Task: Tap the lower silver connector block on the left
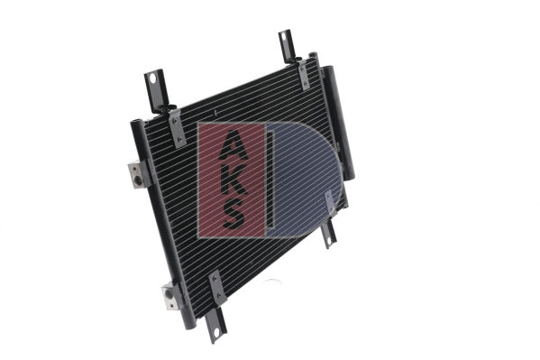coord(171,295)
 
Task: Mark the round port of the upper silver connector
coord(135,180)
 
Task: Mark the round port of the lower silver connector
coord(169,301)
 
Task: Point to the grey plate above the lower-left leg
coord(216,288)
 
